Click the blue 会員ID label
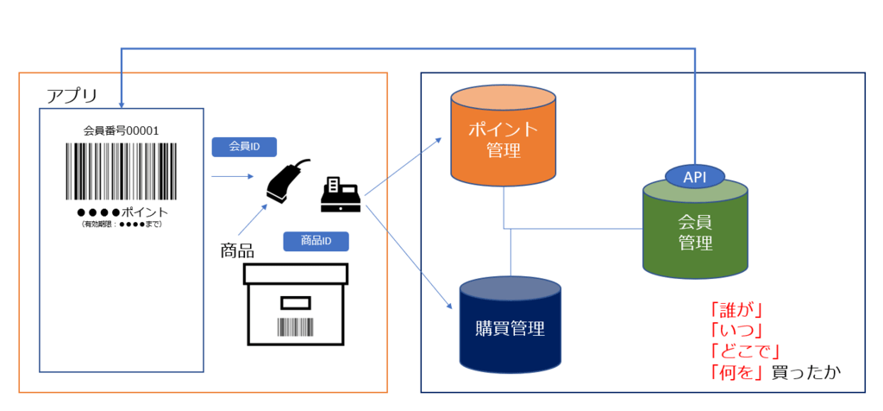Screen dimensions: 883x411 point(244,147)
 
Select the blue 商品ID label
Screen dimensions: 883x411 point(316,241)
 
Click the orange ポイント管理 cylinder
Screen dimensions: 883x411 point(504,135)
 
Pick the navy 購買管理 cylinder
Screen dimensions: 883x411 point(510,323)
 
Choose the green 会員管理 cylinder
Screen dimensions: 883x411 point(696,228)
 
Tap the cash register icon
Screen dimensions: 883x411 point(341,193)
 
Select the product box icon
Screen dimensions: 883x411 point(296,304)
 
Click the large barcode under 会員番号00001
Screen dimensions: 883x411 point(121,171)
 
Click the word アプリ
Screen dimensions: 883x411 point(72,95)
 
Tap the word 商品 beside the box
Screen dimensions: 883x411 point(237,250)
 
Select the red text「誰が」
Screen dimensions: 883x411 point(736,310)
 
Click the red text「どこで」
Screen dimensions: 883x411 point(744,351)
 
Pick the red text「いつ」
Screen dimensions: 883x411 point(736,331)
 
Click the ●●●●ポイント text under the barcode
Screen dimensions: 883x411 point(122,212)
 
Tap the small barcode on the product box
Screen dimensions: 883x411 point(296,327)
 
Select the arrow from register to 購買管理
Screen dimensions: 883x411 point(410,256)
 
